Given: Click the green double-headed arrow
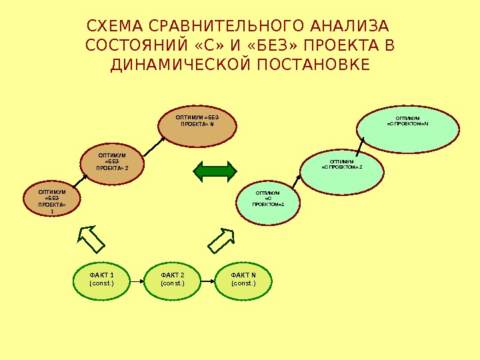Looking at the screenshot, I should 215,171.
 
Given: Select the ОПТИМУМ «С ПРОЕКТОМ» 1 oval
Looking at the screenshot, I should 269,203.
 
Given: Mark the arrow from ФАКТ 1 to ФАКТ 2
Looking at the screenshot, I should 136,281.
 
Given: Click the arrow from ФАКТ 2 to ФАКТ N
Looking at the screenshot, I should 207,281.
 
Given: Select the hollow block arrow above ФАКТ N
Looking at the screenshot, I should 222,239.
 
